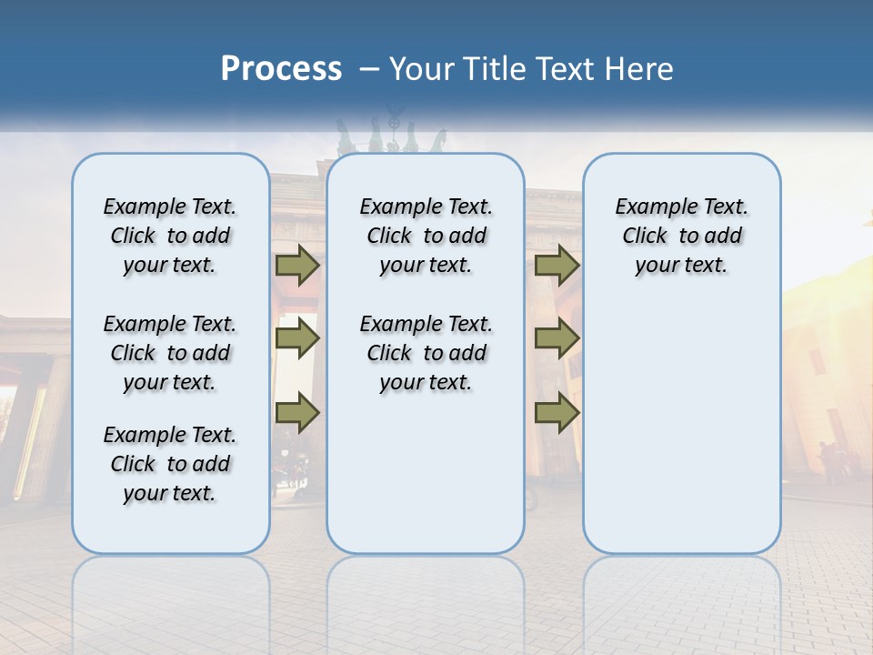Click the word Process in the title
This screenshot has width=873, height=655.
(x=281, y=69)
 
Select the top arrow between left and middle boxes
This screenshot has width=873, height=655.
(x=296, y=265)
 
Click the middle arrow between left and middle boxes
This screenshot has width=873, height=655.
(x=296, y=339)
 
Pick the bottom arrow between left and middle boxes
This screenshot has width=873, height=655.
(x=296, y=413)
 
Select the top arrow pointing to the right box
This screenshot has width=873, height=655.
(x=557, y=265)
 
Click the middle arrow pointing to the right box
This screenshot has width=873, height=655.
(x=557, y=339)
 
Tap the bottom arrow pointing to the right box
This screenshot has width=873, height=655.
(x=557, y=413)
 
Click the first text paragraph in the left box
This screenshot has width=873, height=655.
(x=170, y=236)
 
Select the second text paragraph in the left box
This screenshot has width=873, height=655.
(x=170, y=353)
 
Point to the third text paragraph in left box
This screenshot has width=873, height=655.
(x=170, y=464)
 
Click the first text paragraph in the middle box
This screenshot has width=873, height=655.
(x=426, y=236)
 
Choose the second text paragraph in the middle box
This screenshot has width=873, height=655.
(x=426, y=353)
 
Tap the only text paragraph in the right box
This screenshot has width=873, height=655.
(x=682, y=236)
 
